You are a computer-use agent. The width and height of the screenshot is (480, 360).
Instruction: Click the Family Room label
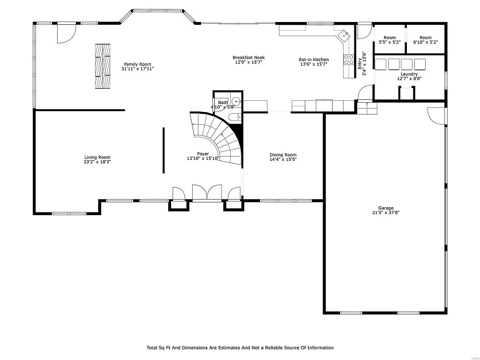tap(137, 64)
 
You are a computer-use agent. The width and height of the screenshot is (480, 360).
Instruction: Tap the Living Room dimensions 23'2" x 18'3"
tap(97, 162)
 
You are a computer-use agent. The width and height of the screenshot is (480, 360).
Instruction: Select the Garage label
tap(386, 208)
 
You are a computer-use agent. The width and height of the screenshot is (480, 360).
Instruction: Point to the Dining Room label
tap(283, 155)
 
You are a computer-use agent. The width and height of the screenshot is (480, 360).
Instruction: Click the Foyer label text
tap(203, 154)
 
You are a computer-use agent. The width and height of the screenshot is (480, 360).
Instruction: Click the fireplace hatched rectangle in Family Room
tap(103, 66)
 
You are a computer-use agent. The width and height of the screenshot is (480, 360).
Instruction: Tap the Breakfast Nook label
tap(248, 58)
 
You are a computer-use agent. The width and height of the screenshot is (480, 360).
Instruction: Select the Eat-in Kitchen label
tap(314, 60)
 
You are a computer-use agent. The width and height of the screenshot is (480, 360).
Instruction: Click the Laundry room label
tap(409, 74)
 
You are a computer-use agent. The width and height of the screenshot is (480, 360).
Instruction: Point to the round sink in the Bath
tap(237, 100)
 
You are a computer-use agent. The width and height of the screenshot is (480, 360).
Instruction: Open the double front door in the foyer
tap(207, 193)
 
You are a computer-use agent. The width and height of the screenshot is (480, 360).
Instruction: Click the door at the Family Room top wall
tap(65, 32)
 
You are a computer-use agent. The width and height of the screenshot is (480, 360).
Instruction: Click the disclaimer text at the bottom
tap(240, 348)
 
